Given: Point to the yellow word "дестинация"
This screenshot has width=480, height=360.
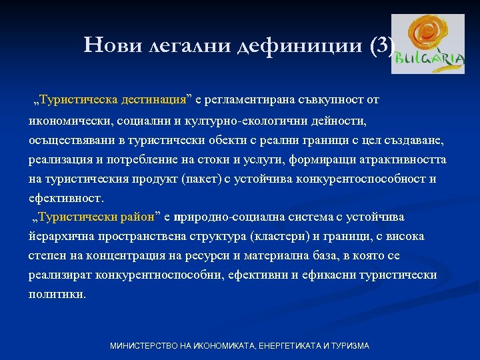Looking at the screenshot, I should [153, 100].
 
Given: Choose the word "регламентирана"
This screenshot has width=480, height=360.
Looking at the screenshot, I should [249, 100].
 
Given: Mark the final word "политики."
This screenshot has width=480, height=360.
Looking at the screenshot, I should [57, 294].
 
